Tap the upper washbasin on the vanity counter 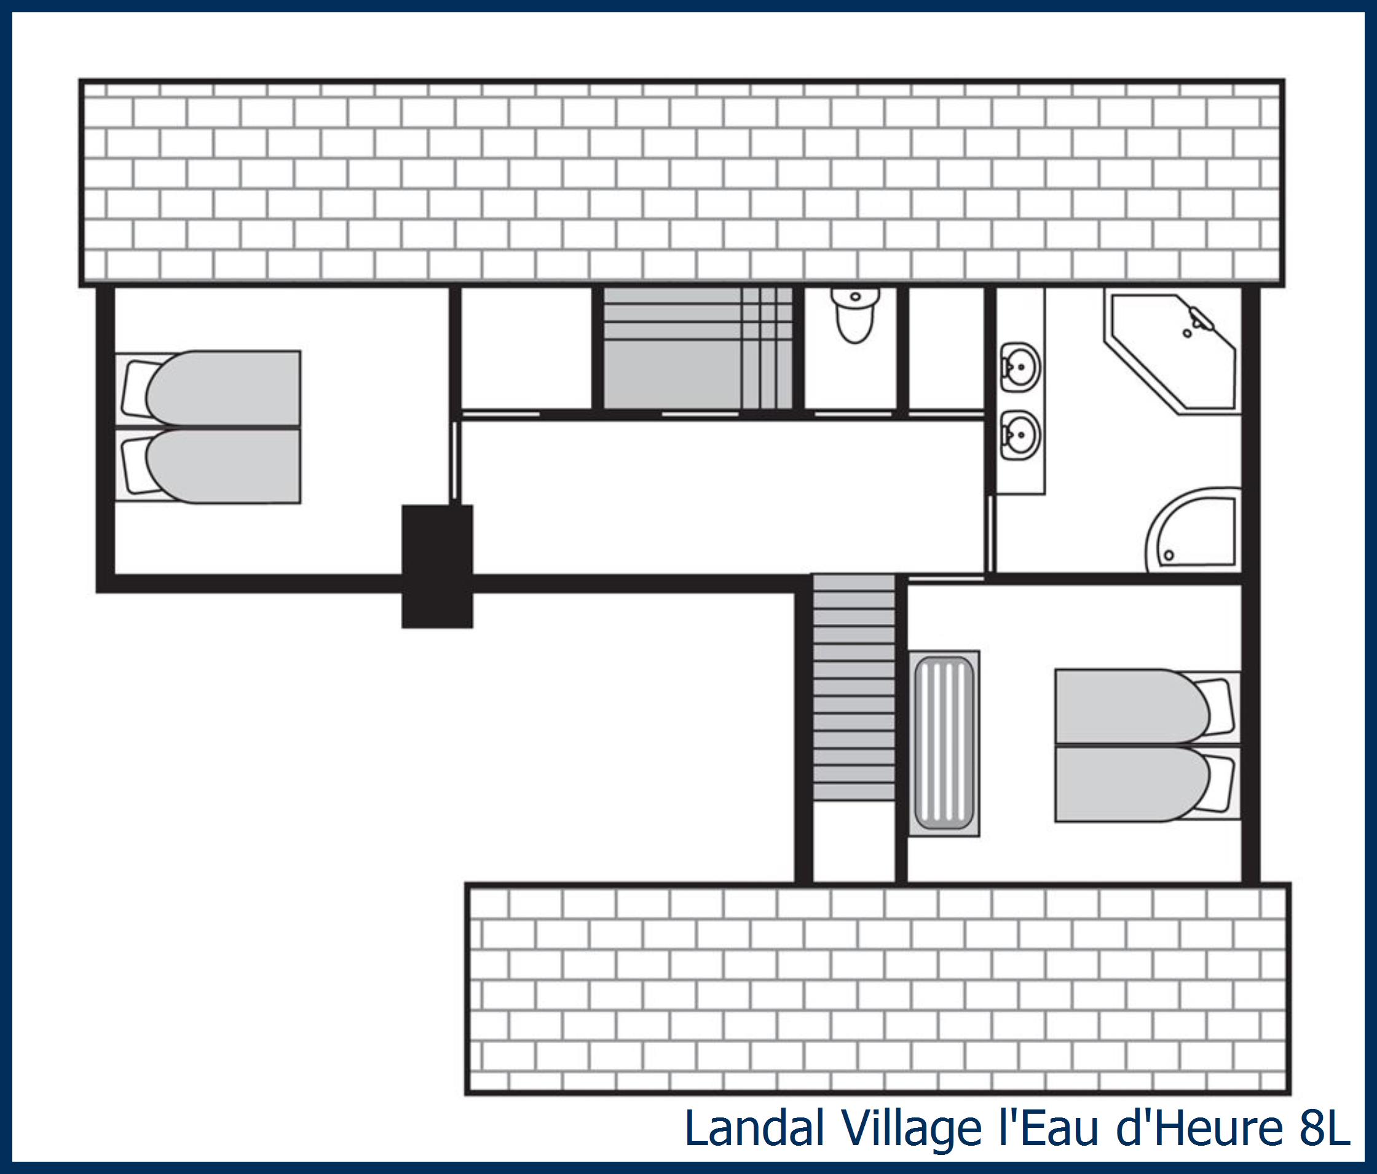pyautogui.click(x=1019, y=366)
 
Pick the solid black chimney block pyautogui.click(x=437, y=566)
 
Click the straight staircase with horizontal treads pyautogui.click(x=854, y=688)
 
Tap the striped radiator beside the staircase pyautogui.click(x=944, y=742)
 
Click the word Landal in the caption pyautogui.click(x=754, y=1128)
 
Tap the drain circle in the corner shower pyautogui.click(x=1169, y=554)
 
